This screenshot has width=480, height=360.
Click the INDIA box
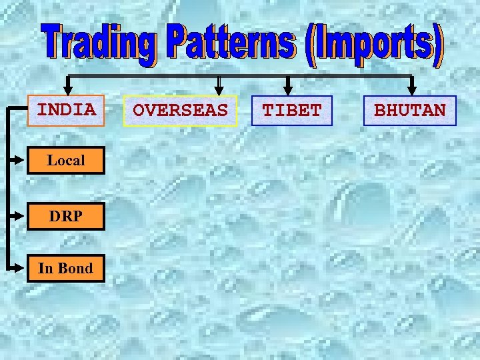pyautogui.click(x=66, y=110)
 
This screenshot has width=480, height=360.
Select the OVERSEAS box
pyautogui.click(x=180, y=111)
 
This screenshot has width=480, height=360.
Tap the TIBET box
pyautogui.click(x=292, y=111)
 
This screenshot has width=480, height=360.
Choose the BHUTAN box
pyautogui.click(x=410, y=111)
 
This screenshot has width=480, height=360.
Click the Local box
pyautogui.click(x=66, y=161)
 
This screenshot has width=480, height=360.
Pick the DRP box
pyautogui.click(x=66, y=216)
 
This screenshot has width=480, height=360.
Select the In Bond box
pyautogui.click(x=65, y=269)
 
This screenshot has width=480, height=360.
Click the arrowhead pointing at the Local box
pyautogui.click(x=23, y=160)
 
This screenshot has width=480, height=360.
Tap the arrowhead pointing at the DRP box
pyautogui.click(x=23, y=216)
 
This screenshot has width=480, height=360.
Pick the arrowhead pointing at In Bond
pyautogui.click(x=23, y=268)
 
